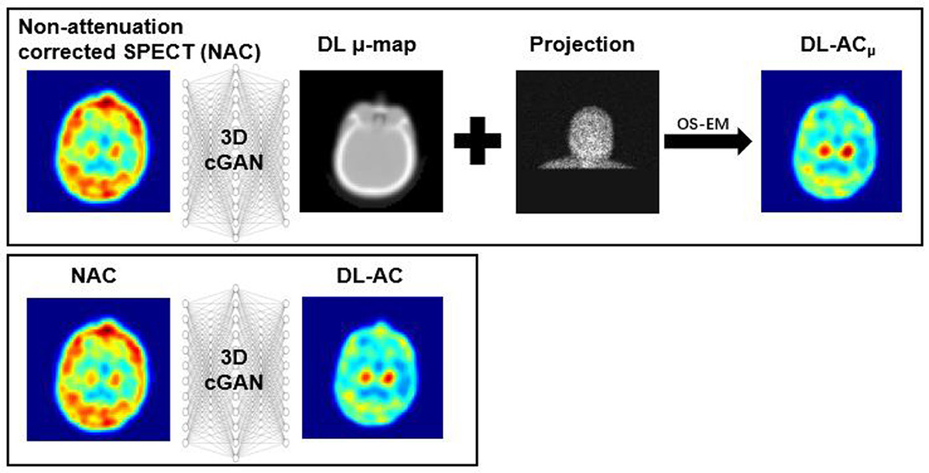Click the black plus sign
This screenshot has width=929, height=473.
tap(478, 141)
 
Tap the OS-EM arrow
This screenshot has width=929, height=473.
tap(708, 142)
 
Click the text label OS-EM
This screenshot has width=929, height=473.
tap(703, 124)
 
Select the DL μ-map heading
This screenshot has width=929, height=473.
tap(367, 45)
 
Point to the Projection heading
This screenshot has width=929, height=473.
tap(582, 44)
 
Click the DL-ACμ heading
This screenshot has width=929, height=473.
tap(838, 46)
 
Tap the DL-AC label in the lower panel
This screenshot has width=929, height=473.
tap(369, 276)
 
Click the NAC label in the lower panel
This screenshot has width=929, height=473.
tap(94, 276)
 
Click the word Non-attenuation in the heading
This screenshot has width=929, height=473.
tap(101, 27)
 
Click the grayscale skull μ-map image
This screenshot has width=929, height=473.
tap(371, 142)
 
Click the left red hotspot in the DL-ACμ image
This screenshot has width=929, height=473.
tap(824, 150)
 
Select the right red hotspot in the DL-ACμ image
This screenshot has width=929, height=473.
tap(846, 151)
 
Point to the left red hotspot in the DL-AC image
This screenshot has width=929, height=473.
tap(365, 377)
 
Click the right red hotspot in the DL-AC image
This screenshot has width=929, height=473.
tap(388, 377)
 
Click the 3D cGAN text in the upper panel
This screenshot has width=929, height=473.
tap(234, 150)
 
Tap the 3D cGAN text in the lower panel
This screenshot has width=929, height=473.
tap(234, 370)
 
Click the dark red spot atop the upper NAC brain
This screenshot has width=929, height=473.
tap(107, 101)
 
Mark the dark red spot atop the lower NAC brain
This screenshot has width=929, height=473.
tap(107, 330)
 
